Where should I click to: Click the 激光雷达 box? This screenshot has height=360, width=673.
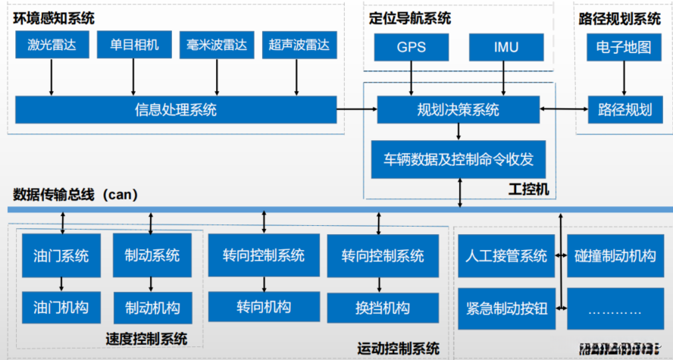pos(52,45)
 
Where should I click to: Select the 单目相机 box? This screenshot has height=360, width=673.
pos(134,45)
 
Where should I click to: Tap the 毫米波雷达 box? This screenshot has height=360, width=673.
pos(217,45)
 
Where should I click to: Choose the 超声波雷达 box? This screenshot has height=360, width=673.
pos(299,45)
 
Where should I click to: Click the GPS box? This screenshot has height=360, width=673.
pos(411,47)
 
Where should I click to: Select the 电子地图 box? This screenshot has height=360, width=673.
pos(624,47)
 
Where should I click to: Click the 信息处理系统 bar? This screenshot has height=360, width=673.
pos(176,110)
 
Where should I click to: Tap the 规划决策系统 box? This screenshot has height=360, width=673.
pos(459,110)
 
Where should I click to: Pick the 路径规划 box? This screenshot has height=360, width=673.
pos(624,110)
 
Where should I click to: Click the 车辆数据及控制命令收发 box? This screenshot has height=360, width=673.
pos(459,159)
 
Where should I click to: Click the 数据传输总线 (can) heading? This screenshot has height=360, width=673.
pos(74,195)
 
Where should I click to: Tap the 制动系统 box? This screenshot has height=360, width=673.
pos(152,255)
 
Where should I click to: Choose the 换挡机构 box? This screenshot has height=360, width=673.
pos(382,308)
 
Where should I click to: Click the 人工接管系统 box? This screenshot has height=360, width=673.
pos(506,255)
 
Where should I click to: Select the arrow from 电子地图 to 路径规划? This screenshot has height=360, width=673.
pos(624,78)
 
